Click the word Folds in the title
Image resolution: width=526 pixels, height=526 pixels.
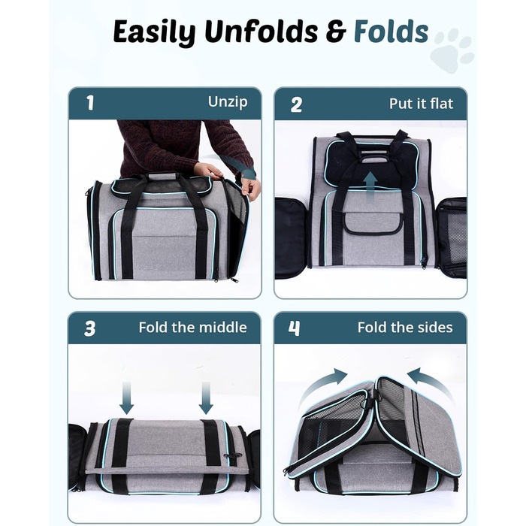[x=391, y=32]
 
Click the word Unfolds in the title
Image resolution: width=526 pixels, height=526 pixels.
[x=261, y=32]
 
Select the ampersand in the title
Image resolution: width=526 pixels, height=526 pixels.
[x=336, y=32]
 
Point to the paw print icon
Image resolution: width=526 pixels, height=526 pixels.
[x=452, y=50]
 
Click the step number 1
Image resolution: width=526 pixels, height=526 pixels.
[x=90, y=103]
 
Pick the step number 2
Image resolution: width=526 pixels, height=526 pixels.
[x=296, y=104]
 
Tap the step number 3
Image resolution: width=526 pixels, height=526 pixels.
[x=90, y=328]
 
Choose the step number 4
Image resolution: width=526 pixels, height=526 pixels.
[x=295, y=328]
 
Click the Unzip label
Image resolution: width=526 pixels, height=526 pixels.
[x=228, y=101]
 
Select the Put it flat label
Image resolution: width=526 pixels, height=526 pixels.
[x=421, y=104]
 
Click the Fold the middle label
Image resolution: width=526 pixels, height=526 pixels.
[x=192, y=327]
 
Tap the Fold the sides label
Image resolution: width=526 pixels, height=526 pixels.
[x=405, y=327]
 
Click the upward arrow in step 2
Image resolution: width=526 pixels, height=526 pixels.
[x=370, y=187]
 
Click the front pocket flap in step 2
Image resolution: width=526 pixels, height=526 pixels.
[x=372, y=222]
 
